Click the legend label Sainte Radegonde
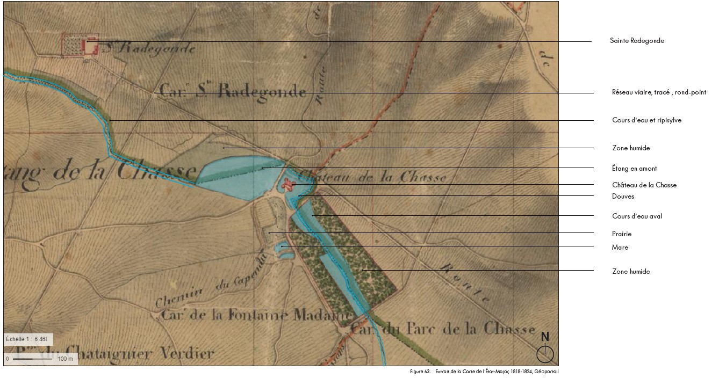[x=637, y=41]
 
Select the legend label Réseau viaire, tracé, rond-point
[x=659, y=92]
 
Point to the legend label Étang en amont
[x=634, y=169]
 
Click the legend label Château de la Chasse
[x=644, y=185]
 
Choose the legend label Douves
[x=623, y=197]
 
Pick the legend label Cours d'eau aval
[x=637, y=216]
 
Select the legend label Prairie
[x=622, y=234]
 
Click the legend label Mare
[x=620, y=248]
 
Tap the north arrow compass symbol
[x=545, y=354]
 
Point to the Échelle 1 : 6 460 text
[x=27, y=339]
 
